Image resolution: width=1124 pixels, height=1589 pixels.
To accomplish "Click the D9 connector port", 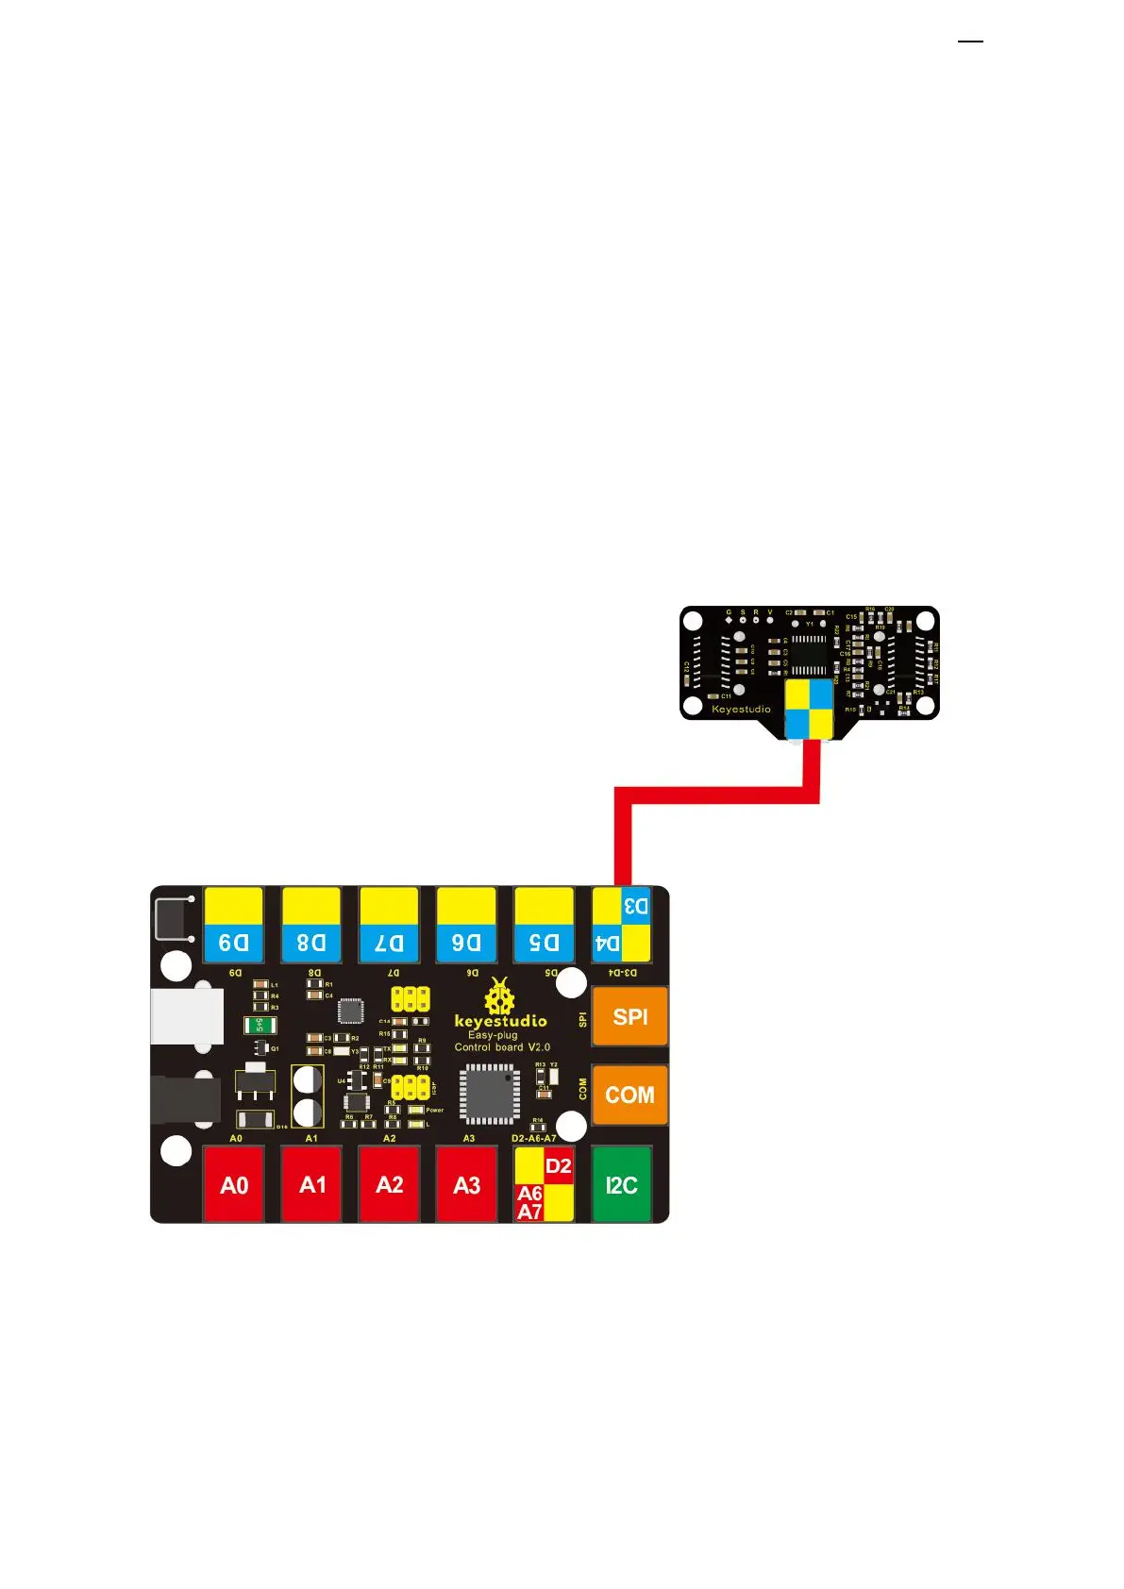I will click(233, 925).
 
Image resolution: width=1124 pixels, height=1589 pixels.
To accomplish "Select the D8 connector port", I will click(310, 925).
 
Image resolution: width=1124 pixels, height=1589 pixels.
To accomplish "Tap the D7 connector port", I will click(389, 925).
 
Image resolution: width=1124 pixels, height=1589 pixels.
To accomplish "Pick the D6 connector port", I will click(466, 925).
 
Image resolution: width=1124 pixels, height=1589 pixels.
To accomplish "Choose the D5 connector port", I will click(544, 925).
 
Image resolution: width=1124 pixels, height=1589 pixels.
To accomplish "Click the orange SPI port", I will click(629, 1016).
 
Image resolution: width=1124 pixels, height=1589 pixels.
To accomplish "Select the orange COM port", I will click(629, 1095).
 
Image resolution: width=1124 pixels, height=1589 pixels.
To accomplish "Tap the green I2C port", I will click(621, 1185).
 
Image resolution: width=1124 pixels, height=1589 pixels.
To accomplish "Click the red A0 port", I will click(233, 1185).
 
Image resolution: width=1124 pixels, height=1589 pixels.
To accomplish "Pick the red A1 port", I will click(311, 1185).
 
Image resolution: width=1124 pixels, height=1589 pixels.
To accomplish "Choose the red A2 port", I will click(389, 1185).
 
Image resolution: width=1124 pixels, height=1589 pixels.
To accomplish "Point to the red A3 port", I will click(466, 1185).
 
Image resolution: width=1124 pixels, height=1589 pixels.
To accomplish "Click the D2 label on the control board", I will click(559, 1166).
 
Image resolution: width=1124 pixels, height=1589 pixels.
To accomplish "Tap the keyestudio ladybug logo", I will click(499, 996).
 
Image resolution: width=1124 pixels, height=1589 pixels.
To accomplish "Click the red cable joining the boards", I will click(717, 794).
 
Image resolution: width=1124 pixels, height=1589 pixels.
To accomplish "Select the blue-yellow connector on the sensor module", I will click(810, 709).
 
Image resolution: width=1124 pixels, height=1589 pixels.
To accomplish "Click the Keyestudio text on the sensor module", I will click(741, 709).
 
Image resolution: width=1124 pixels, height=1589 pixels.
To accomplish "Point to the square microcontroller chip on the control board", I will click(489, 1094).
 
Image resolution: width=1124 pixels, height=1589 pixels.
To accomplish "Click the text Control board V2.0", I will click(502, 1047).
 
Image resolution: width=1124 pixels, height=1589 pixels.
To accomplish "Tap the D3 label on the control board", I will click(636, 907).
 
